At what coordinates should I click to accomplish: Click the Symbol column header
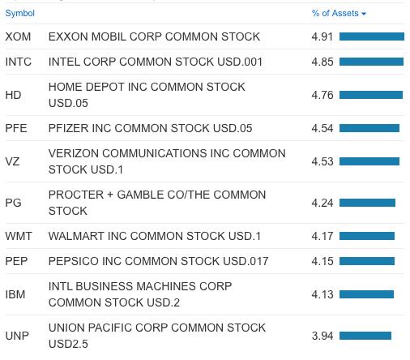click(19, 13)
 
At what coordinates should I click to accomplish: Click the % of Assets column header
click(335, 13)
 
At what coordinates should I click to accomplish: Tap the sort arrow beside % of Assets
click(364, 14)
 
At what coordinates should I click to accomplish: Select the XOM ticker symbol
click(19, 36)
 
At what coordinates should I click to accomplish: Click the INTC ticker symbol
click(19, 62)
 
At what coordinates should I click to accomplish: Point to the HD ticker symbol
click(13, 95)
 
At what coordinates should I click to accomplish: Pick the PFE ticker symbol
click(16, 128)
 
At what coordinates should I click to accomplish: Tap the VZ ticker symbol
click(12, 161)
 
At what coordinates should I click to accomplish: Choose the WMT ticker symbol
click(19, 236)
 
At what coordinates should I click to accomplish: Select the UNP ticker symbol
click(17, 336)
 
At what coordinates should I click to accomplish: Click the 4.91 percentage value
click(322, 36)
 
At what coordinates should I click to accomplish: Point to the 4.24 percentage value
click(322, 203)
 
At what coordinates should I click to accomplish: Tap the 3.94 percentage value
click(322, 336)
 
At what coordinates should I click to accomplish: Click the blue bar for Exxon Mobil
click(371, 36)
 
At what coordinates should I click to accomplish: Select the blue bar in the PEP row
click(366, 261)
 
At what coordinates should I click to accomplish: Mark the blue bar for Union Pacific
click(365, 336)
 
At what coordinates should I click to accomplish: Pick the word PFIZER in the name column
click(70, 128)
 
